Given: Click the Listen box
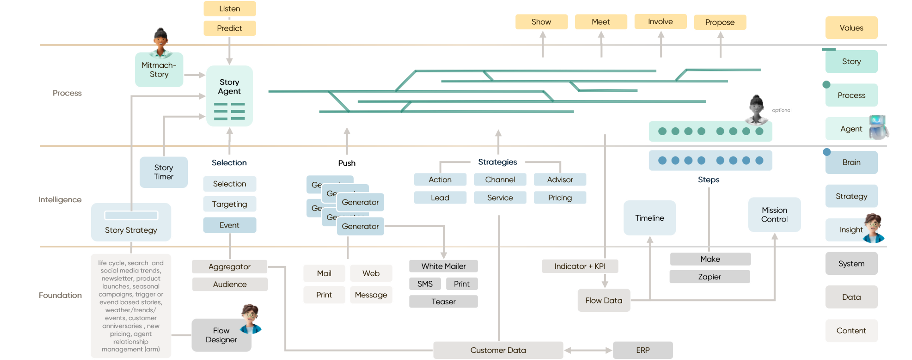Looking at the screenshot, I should pos(230,9).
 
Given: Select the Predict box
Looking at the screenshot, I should pos(230,28).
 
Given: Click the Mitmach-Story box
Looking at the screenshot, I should pos(159,70).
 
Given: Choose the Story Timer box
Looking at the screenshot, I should pos(164,172).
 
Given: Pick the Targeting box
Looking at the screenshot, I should pos(230,204).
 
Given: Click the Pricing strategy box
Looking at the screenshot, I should pos(560,197).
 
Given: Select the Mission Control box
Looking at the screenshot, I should pos(774,215).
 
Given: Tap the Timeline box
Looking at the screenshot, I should pos(649,218).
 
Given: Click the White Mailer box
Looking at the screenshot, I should pos(444,266).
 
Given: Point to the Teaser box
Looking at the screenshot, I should pos(444,301).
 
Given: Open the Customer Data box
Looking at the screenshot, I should pos(498,350).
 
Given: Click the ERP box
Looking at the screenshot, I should pos(643,350).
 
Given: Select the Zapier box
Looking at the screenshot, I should pos(710,277).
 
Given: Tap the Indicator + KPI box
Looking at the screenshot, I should pos(580,266).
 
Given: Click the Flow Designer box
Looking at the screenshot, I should pos(221,335).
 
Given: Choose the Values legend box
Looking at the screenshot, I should pos(851,28).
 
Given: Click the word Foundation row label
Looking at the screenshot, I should pos(60,295).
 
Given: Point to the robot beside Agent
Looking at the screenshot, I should pos(878,127).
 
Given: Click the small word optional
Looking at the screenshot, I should pos(782,110).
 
